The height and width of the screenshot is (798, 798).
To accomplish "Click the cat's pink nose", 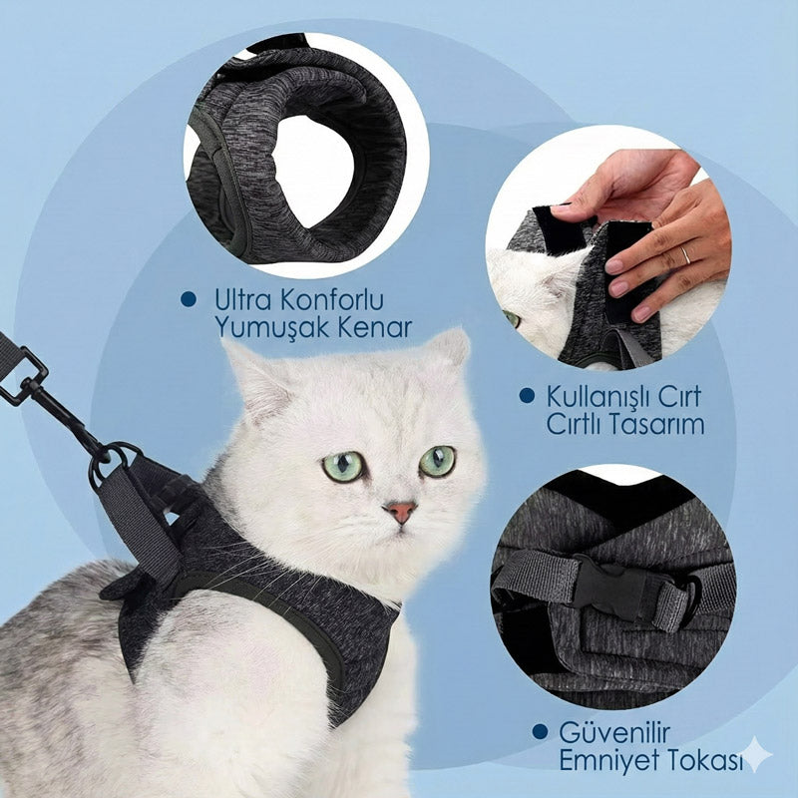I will (400, 512).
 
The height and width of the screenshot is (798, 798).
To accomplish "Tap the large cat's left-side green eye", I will (343, 466).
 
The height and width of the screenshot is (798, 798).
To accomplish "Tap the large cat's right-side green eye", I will (437, 460).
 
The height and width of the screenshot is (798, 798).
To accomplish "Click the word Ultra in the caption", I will (238, 299).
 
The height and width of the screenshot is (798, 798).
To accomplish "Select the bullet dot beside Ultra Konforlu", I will (187, 298).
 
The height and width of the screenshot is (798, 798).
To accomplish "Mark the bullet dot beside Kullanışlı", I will (526, 396).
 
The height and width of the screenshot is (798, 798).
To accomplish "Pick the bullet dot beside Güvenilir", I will (540, 732).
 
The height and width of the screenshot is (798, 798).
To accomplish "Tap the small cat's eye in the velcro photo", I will (512, 318).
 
